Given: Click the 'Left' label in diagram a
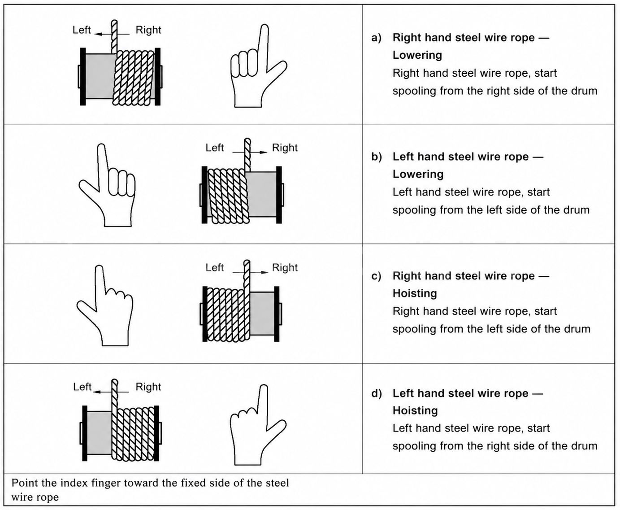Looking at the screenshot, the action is point(82,30).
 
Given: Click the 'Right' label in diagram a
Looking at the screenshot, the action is point(148,30).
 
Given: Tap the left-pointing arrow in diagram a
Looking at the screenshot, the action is point(112,34).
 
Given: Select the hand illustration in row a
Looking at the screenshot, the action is point(259,65).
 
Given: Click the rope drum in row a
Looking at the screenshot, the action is point(120,76).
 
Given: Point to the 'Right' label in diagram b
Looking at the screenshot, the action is point(285,148).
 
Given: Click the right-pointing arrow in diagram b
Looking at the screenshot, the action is point(250,152).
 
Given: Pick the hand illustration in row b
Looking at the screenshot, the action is point(107,185).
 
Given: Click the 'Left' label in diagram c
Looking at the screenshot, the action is point(215,267).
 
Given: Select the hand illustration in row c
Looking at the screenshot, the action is point(105,305).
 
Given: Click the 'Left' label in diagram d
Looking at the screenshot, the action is point(82,387).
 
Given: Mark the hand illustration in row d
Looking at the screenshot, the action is point(258,425).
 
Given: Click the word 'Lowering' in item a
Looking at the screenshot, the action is point(417,55).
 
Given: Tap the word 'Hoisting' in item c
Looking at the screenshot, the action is point(415,293).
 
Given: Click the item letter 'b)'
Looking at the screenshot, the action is point(377,157).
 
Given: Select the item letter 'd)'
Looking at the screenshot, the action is point(377,393).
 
